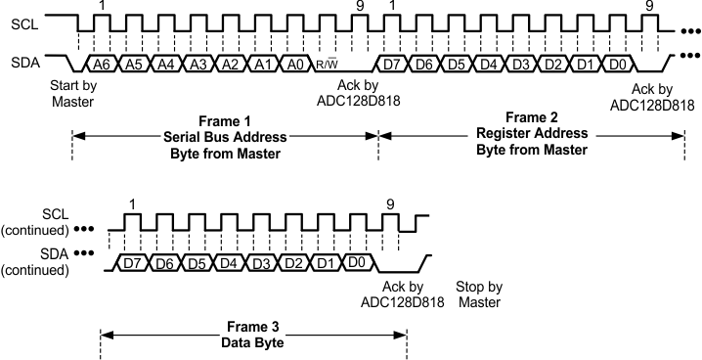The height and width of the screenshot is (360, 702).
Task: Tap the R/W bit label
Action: pyautogui.click(x=325, y=65)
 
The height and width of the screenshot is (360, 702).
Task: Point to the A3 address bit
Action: pyautogui.click(x=197, y=64)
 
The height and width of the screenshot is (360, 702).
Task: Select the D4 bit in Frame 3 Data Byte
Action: pyautogui.click(x=229, y=262)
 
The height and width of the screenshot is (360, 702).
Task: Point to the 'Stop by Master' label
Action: pyautogui.click(x=479, y=294)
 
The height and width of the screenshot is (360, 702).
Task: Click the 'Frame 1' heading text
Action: pyautogui.click(x=225, y=119)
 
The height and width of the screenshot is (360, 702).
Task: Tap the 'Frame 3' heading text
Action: pyautogui.click(x=253, y=325)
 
